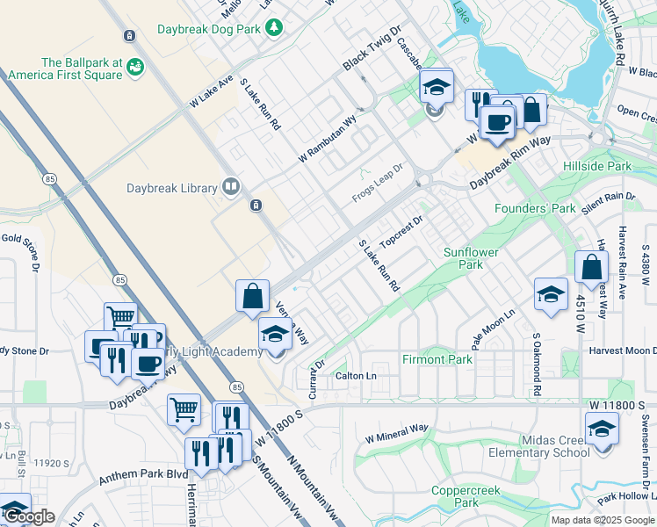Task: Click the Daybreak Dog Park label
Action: click(209, 29)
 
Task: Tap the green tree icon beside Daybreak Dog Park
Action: click(275, 28)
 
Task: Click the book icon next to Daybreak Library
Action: click(230, 186)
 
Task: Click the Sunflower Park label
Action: click(471, 258)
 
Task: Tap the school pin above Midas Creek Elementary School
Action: click(603, 430)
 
